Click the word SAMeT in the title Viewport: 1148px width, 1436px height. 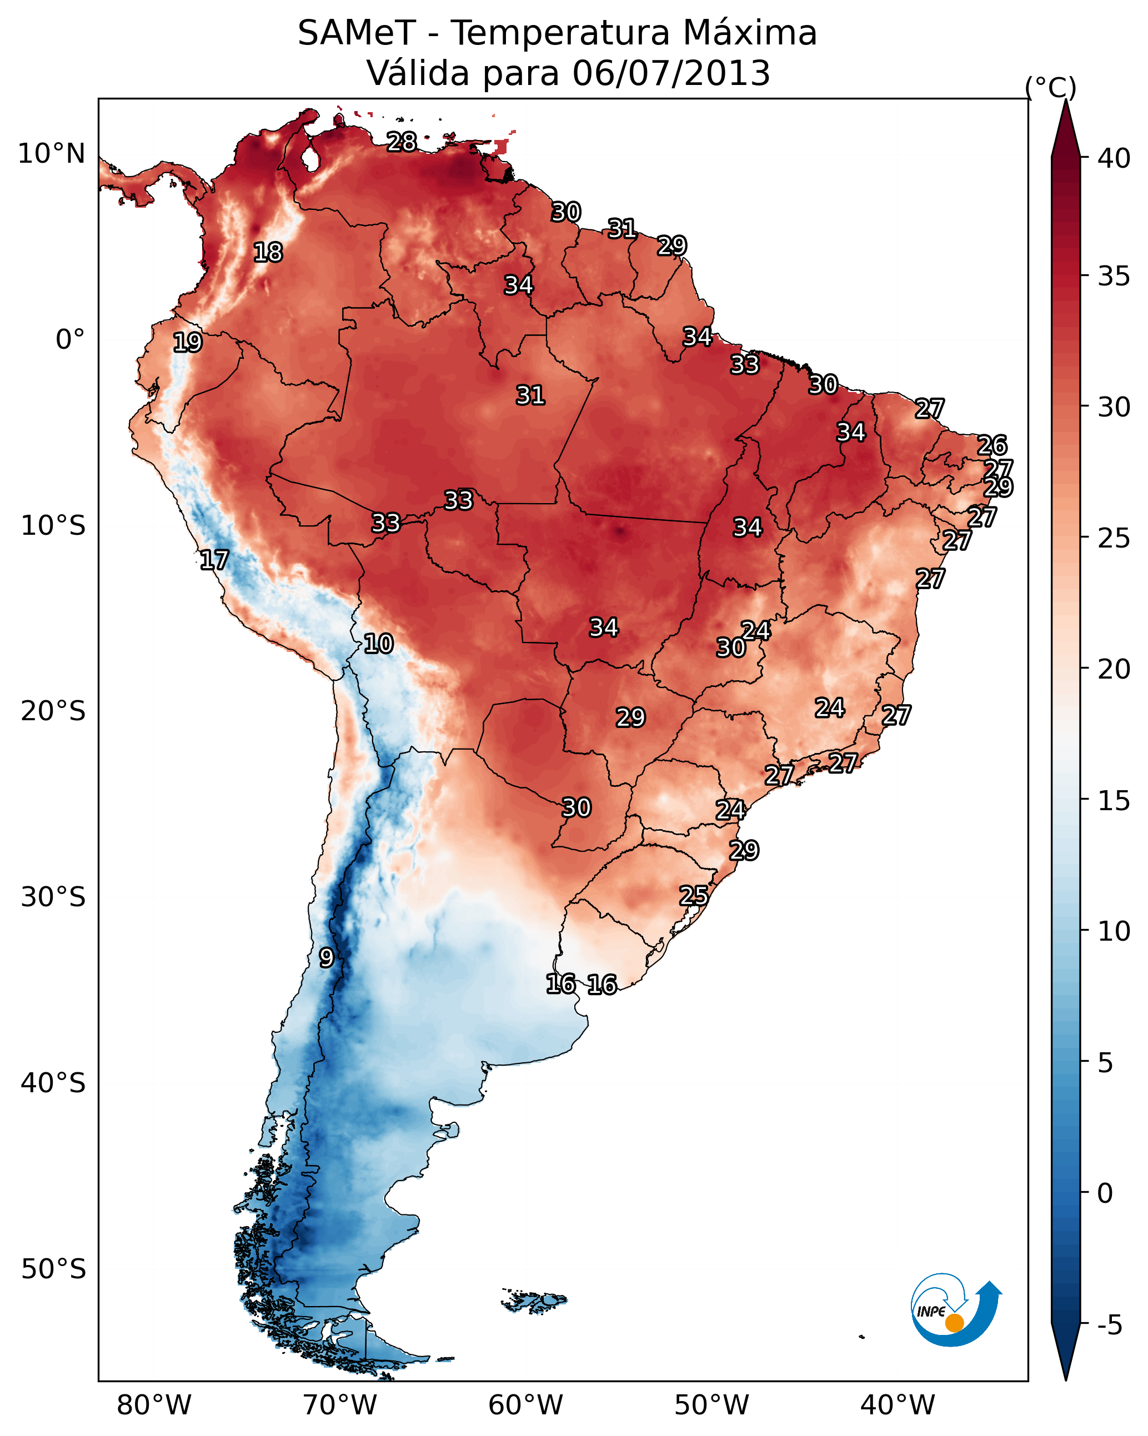[357, 33]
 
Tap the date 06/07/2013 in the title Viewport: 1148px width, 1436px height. [671, 73]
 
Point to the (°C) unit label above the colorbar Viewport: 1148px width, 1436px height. [1050, 87]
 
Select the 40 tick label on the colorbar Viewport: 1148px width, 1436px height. [1114, 158]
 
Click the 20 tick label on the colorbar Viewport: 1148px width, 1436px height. [1114, 669]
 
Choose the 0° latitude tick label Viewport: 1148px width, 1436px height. [70, 340]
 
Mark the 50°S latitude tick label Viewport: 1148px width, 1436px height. [53, 1269]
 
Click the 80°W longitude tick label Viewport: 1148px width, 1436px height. [154, 1405]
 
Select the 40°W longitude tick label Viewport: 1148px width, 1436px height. [898, 1405]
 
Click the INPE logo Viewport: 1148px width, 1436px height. [955, 1313]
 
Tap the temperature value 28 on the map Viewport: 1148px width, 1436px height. [402, 142]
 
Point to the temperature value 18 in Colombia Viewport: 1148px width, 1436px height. [268, 253]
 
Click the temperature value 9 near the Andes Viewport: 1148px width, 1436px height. [326, 958]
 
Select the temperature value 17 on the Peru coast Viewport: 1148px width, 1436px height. [214, 560]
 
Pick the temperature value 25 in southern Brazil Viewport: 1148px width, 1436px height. [694, 896]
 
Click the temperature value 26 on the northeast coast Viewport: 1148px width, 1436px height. [991, 445]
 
